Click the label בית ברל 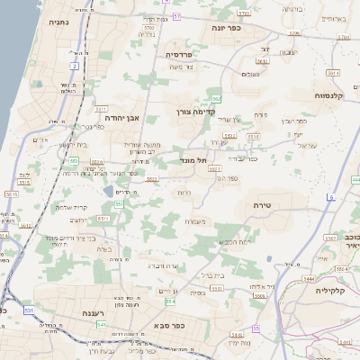(212, 274)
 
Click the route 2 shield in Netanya (73, 67)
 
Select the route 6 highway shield (331, 196)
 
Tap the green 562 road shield (216, 99)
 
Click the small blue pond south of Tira (270, 260)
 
